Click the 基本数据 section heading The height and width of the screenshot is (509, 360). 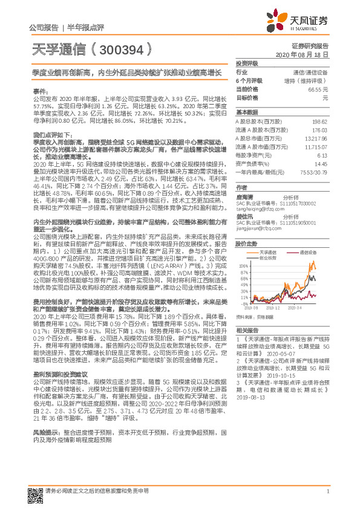pyautogui.click(x=246, y=112)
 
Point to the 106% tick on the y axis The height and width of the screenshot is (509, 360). pyautogui.click(x=243, y=264)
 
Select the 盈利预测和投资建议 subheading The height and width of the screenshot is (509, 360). pyautogui.click(x=56, y=374)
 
